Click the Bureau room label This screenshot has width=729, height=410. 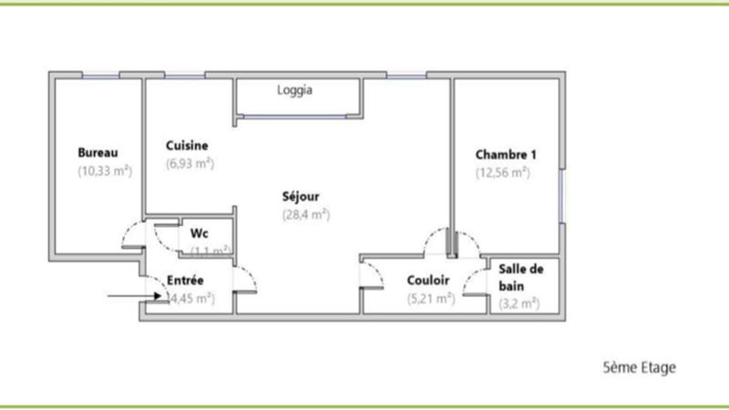click(x=98, y=152)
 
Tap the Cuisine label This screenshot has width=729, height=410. click(x=188, y=146)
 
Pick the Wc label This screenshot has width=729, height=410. click(x=199, y=232)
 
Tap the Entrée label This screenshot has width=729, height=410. click(x=185, y=280)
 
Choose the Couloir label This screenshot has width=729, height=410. click(x=430, y=280)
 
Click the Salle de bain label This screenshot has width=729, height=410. click(x=521, y=277)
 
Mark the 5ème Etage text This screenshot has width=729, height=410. click(x=640, y=368)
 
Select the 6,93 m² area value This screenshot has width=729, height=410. click(x=190, y=164)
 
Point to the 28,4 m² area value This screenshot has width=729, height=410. click(x=305, y=214)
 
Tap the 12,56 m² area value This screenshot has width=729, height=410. click(x=502, y=170)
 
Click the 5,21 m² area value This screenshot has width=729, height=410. click(x=430, y=298)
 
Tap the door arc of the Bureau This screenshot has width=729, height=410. click(x=131, y=236)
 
